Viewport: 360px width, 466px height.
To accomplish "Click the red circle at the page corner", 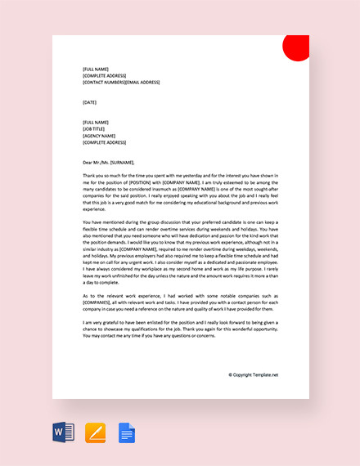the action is [x=295, y=48].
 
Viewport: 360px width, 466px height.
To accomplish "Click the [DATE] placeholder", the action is [x=89, y=102].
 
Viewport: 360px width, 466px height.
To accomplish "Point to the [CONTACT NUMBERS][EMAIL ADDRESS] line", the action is [x=121, y=83].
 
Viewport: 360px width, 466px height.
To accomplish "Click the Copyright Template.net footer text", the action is [x=254, y=375].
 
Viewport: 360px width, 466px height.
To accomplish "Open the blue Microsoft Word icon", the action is [x=63, y=432].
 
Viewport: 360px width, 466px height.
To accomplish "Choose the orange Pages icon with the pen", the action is [x=96, y=432].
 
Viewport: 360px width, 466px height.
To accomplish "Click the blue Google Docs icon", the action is [x=126, y=432].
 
